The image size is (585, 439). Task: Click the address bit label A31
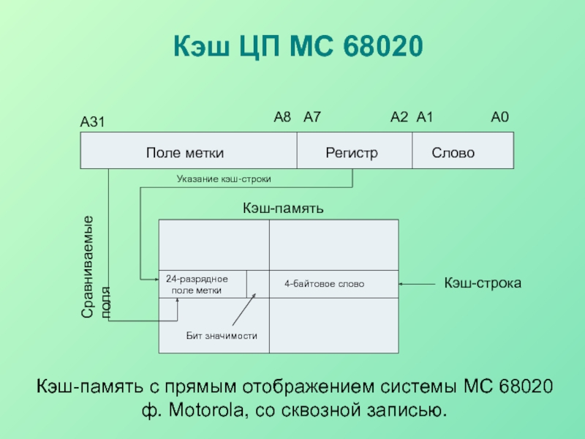click(x=93, y=124)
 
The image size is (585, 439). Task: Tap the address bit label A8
click(x=282, y=117)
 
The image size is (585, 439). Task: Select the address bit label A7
click(x=312, y=117)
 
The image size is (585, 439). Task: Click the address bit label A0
click(x=499, y=117)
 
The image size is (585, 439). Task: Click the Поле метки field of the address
click(x=184, y=153)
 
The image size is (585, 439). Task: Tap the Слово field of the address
click(x=453, y=153)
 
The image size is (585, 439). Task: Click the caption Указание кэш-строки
click(x=228, y=178)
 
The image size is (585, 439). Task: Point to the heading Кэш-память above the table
click(x=283, y=209)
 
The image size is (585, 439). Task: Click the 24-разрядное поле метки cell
click(x=197, y=285)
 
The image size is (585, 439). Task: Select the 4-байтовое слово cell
click(x=324, y=284)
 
